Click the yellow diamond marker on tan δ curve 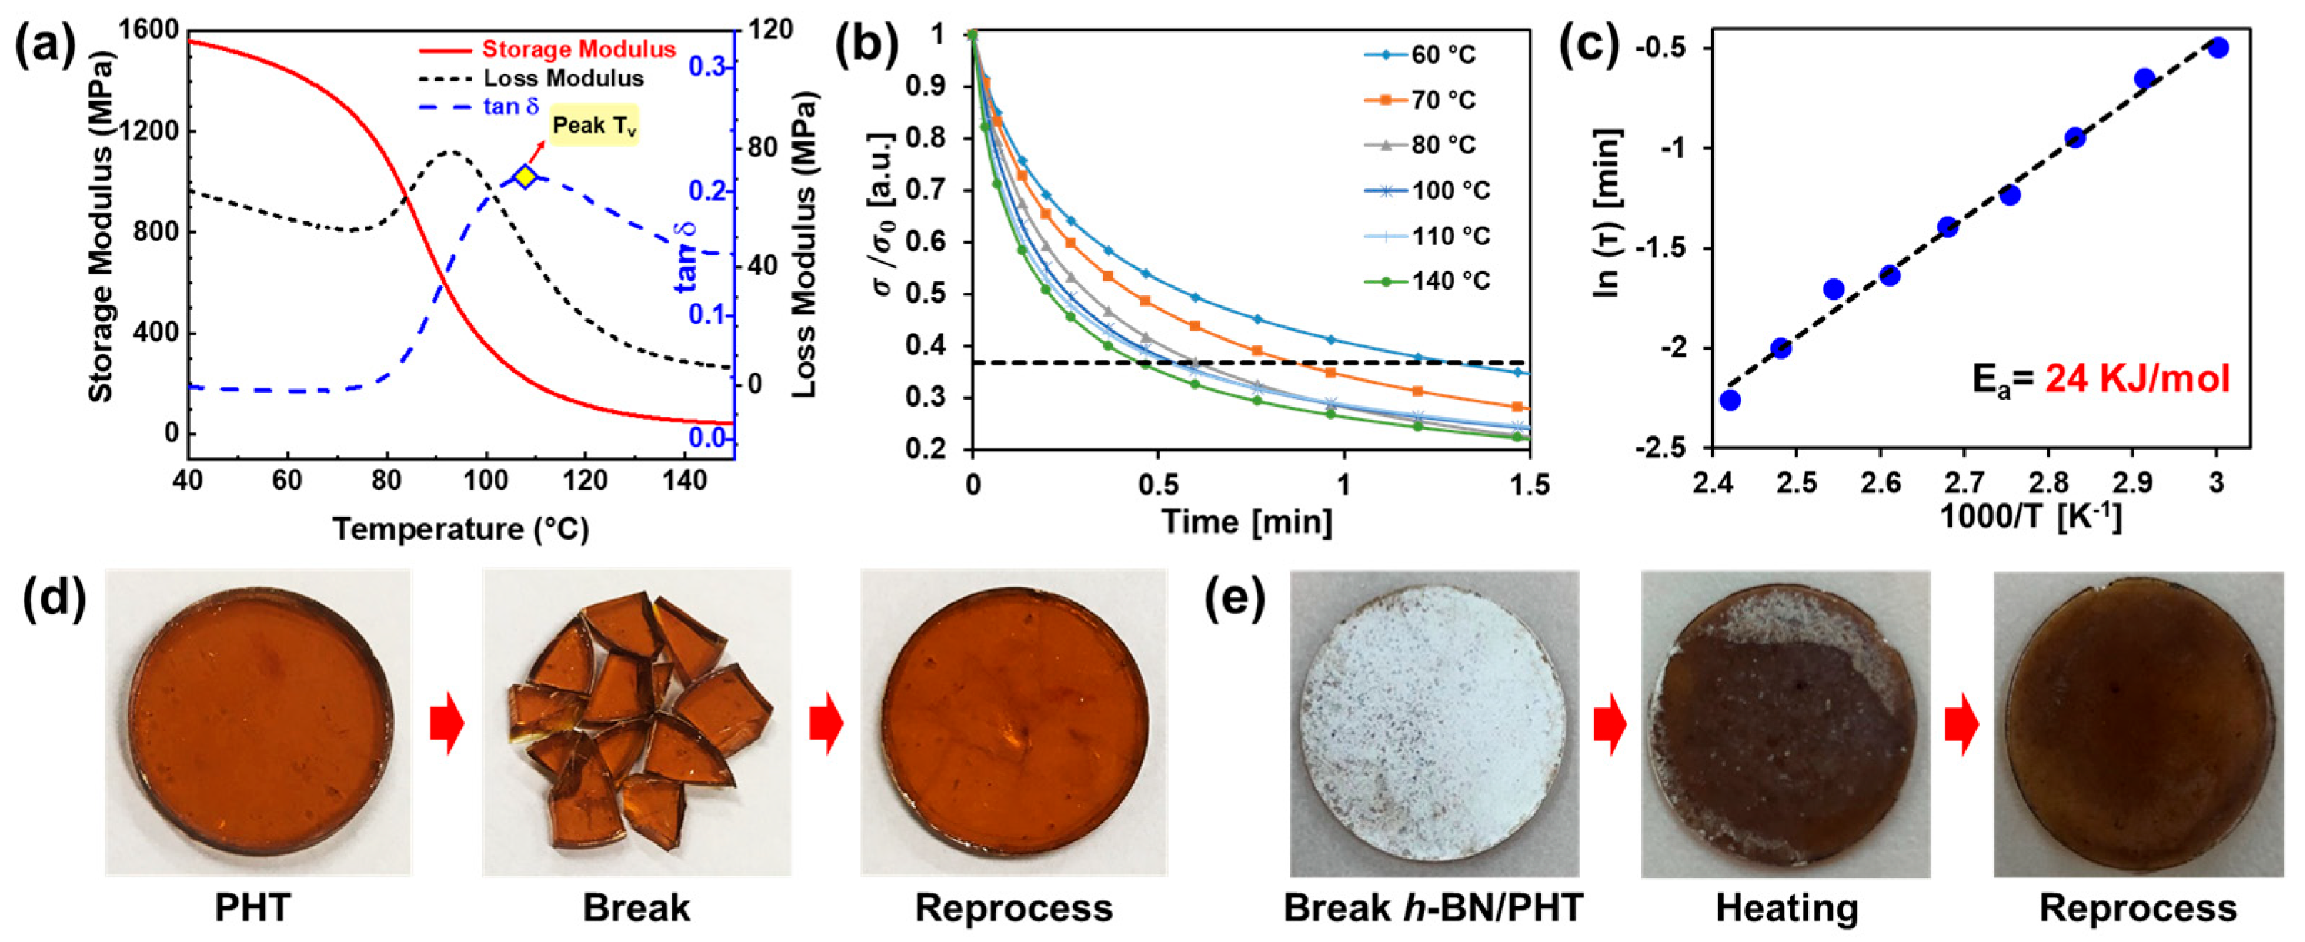[x=525, y=177]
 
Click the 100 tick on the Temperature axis [x=485, y=480]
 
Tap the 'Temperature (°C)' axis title [x=461, y=530]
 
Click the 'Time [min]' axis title [x=1247, y=522]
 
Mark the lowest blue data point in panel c [x=1730, y=400]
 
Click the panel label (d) [x=56, y=597]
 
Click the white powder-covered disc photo [x=1434, y=723]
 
